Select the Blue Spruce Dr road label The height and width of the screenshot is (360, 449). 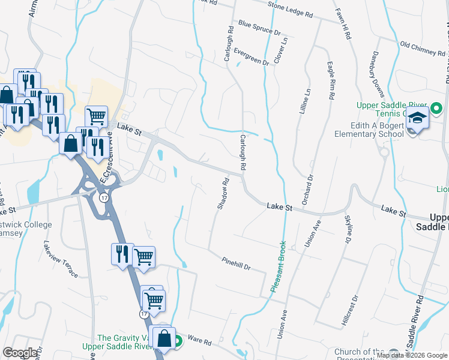[259, 27]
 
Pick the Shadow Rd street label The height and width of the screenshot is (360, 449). [222, 193]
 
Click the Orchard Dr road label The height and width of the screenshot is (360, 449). [307, 190]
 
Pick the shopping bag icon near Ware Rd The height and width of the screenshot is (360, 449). [164, 338]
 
